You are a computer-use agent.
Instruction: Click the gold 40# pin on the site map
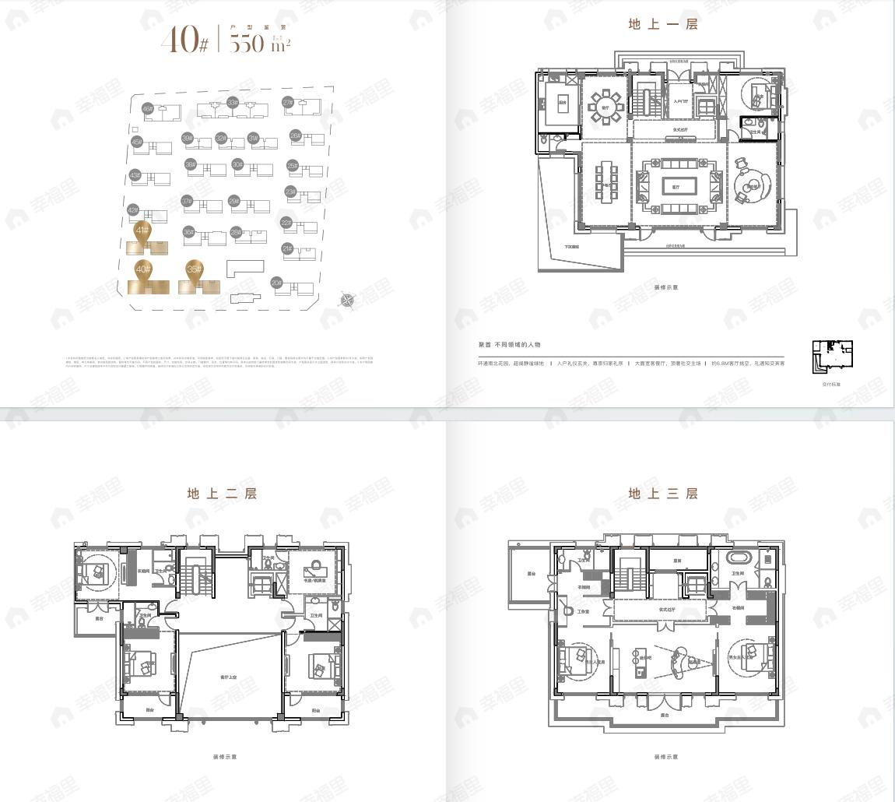coord(142,269)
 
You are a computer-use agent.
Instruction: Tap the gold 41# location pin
coord(142,230)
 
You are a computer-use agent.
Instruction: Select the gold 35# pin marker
coord(194,269)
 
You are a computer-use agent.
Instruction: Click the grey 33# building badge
coord(232,102)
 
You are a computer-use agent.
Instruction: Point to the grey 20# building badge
coord(276,283)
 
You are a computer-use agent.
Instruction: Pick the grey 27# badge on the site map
coord(288,102)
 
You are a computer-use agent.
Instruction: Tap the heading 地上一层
coord(663,24)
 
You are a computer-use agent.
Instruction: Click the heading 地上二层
coord(222,493)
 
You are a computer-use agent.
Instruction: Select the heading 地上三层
coord(663,493)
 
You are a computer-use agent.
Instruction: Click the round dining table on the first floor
coord(605,107)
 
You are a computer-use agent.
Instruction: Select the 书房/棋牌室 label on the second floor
coord(315,580)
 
